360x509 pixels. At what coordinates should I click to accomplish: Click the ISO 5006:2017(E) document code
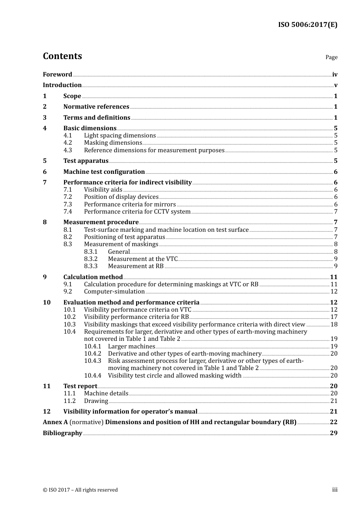click(x=308, y=25)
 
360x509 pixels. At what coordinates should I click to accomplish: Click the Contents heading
click(x=62, y=56)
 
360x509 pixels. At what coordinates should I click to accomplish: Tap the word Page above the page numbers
click(x=331, y=57)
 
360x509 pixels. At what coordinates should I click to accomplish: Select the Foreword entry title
click(x=57, y=74)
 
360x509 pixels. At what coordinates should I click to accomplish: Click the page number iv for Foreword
click(x=335, y=75)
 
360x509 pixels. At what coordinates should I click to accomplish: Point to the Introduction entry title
click(x=62, y=85)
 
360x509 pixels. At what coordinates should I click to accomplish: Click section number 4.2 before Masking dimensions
click(x=68, y=143)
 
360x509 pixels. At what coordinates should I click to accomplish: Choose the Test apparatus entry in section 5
click(x=86, y=161)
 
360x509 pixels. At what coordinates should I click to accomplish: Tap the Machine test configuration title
click(x=104, y=172)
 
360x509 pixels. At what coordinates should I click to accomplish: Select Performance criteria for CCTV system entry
click(x=137, y=211)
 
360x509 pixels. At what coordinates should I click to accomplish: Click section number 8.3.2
click(x=91, y=259)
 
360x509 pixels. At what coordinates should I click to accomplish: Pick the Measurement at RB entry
click(x=136, y=266)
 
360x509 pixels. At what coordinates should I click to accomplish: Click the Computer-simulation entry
click(x=114, y=291)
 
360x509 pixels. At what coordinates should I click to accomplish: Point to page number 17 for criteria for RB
click(x=334, y=317)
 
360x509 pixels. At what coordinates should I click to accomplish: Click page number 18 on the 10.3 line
click(x=334, y=324)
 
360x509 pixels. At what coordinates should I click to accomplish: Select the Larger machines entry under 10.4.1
click(x=131, y=346)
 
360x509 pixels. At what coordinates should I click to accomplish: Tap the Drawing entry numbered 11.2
click(x=96, y=401)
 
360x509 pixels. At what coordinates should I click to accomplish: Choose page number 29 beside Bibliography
click(x=333, y=433)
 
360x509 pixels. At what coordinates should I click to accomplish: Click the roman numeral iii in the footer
click(x=335, y=490)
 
